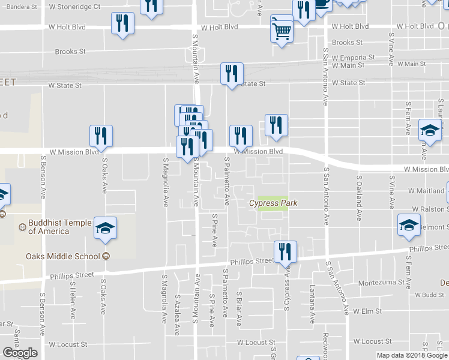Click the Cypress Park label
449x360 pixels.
pos(273,203)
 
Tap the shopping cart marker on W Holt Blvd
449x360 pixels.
pos(282,29)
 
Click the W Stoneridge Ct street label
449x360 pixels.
pos(75,7)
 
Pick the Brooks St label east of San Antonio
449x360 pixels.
pos(347,43)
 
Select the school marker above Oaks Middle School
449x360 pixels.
pos(105,228)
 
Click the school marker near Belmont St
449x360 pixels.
pos(409,224)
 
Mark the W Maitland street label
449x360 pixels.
pos(426,191)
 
